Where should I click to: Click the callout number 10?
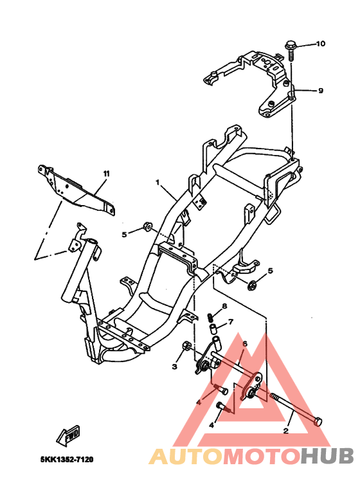point(320,44)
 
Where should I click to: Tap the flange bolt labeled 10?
point(289,48)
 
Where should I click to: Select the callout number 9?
point(320,91)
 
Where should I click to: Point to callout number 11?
point(106,174)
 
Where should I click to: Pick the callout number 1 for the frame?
point(156,183)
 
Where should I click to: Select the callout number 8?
point(224,306)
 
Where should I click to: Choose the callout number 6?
point(244,343)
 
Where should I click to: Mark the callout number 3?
point(174,366)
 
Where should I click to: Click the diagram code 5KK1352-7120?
point(67,460)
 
